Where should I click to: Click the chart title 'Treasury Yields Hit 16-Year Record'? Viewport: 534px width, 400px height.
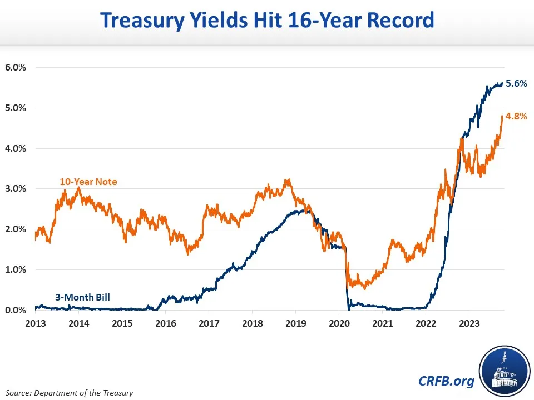point(266,21)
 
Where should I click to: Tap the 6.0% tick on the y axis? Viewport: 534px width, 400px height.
point(16,68)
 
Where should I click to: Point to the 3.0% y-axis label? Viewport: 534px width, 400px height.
point(16,189)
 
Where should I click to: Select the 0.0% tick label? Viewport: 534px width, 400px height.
point(16,310)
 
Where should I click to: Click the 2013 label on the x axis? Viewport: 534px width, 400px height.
point(35,323)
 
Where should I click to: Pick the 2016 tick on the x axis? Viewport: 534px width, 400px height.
point(165,323)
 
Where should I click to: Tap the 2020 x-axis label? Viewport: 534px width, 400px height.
point(339,323)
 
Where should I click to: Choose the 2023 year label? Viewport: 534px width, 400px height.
point(469,323)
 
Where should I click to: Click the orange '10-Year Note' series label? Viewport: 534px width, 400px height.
point(88,182)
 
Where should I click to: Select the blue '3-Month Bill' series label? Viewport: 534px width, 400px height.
point(82,297)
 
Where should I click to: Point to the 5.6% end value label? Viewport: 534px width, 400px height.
point(516,84)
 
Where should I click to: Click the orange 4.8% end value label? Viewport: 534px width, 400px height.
point(516,117)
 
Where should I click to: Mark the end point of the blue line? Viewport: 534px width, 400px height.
point(502,83)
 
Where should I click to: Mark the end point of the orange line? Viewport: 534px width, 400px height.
point(502,116)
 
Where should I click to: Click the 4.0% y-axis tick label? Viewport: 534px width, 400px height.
point(16,148)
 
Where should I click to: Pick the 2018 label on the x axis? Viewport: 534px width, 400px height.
point(252,323)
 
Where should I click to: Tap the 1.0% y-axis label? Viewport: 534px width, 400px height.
point(16,269)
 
